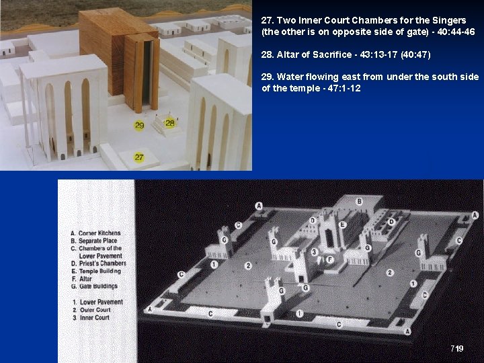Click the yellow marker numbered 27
pos(139,157)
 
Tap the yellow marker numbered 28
pos(170,122)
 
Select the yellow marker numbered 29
pos(139,125)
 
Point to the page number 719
pos(456,348)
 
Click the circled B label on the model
pos(360,201)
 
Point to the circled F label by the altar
pos(330,259)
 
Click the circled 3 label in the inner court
pos(314,252)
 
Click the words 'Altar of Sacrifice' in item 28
pos(316,54)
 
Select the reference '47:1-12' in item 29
pos(339,88)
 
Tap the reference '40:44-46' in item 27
pos(451,32)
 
